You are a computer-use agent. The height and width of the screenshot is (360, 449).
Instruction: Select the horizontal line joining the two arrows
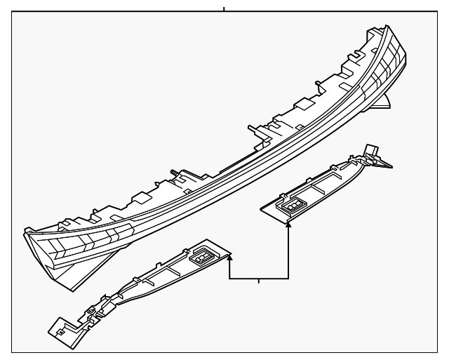260,279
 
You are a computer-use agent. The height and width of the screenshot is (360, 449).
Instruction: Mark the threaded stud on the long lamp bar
170,172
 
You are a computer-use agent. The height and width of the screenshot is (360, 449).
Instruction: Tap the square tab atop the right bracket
370,149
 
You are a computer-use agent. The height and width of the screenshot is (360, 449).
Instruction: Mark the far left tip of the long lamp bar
26,229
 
